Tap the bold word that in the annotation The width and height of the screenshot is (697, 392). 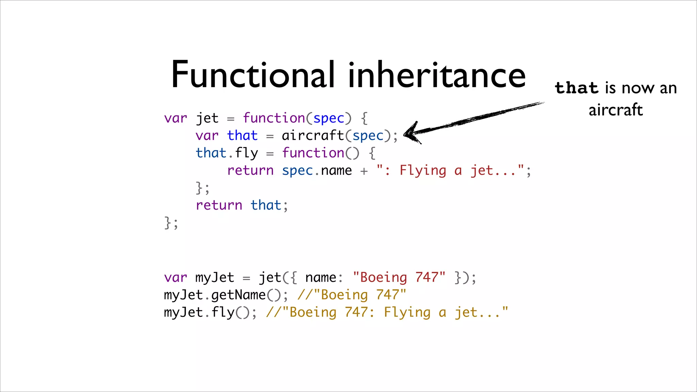pos(576,88)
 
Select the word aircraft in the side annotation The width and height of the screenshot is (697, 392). pos(616,110)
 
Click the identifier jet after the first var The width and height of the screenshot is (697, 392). pos(207,118)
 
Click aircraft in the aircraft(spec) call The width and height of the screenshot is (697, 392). pos(313,136)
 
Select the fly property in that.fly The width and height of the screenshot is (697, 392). pos(246,153)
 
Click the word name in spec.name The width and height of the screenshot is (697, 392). pos(336,170)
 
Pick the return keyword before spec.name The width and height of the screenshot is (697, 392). pos(250,170)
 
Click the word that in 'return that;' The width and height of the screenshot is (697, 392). pos(266,205)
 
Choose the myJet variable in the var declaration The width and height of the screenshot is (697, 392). pos(215,278)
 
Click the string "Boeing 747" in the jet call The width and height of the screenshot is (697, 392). pos(399,278)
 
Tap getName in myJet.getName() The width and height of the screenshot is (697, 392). pos(238,295)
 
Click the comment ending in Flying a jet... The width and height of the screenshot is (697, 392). pos(387,312)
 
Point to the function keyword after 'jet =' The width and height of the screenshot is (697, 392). pos(274,118)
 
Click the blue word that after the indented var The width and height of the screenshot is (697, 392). pos(242,136)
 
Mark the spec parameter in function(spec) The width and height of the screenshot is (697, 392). pos(328,118)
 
